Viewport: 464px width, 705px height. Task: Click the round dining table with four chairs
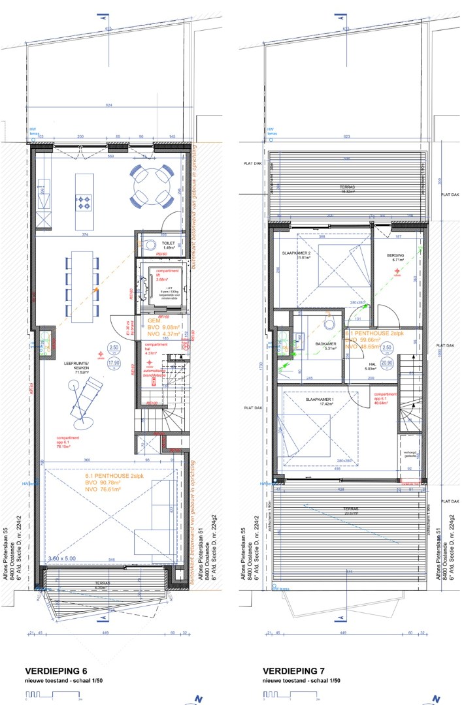tap(151, 185)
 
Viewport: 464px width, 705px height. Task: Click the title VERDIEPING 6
tap(56, 671)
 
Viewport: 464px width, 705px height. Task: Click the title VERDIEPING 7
tap(293, 671)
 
